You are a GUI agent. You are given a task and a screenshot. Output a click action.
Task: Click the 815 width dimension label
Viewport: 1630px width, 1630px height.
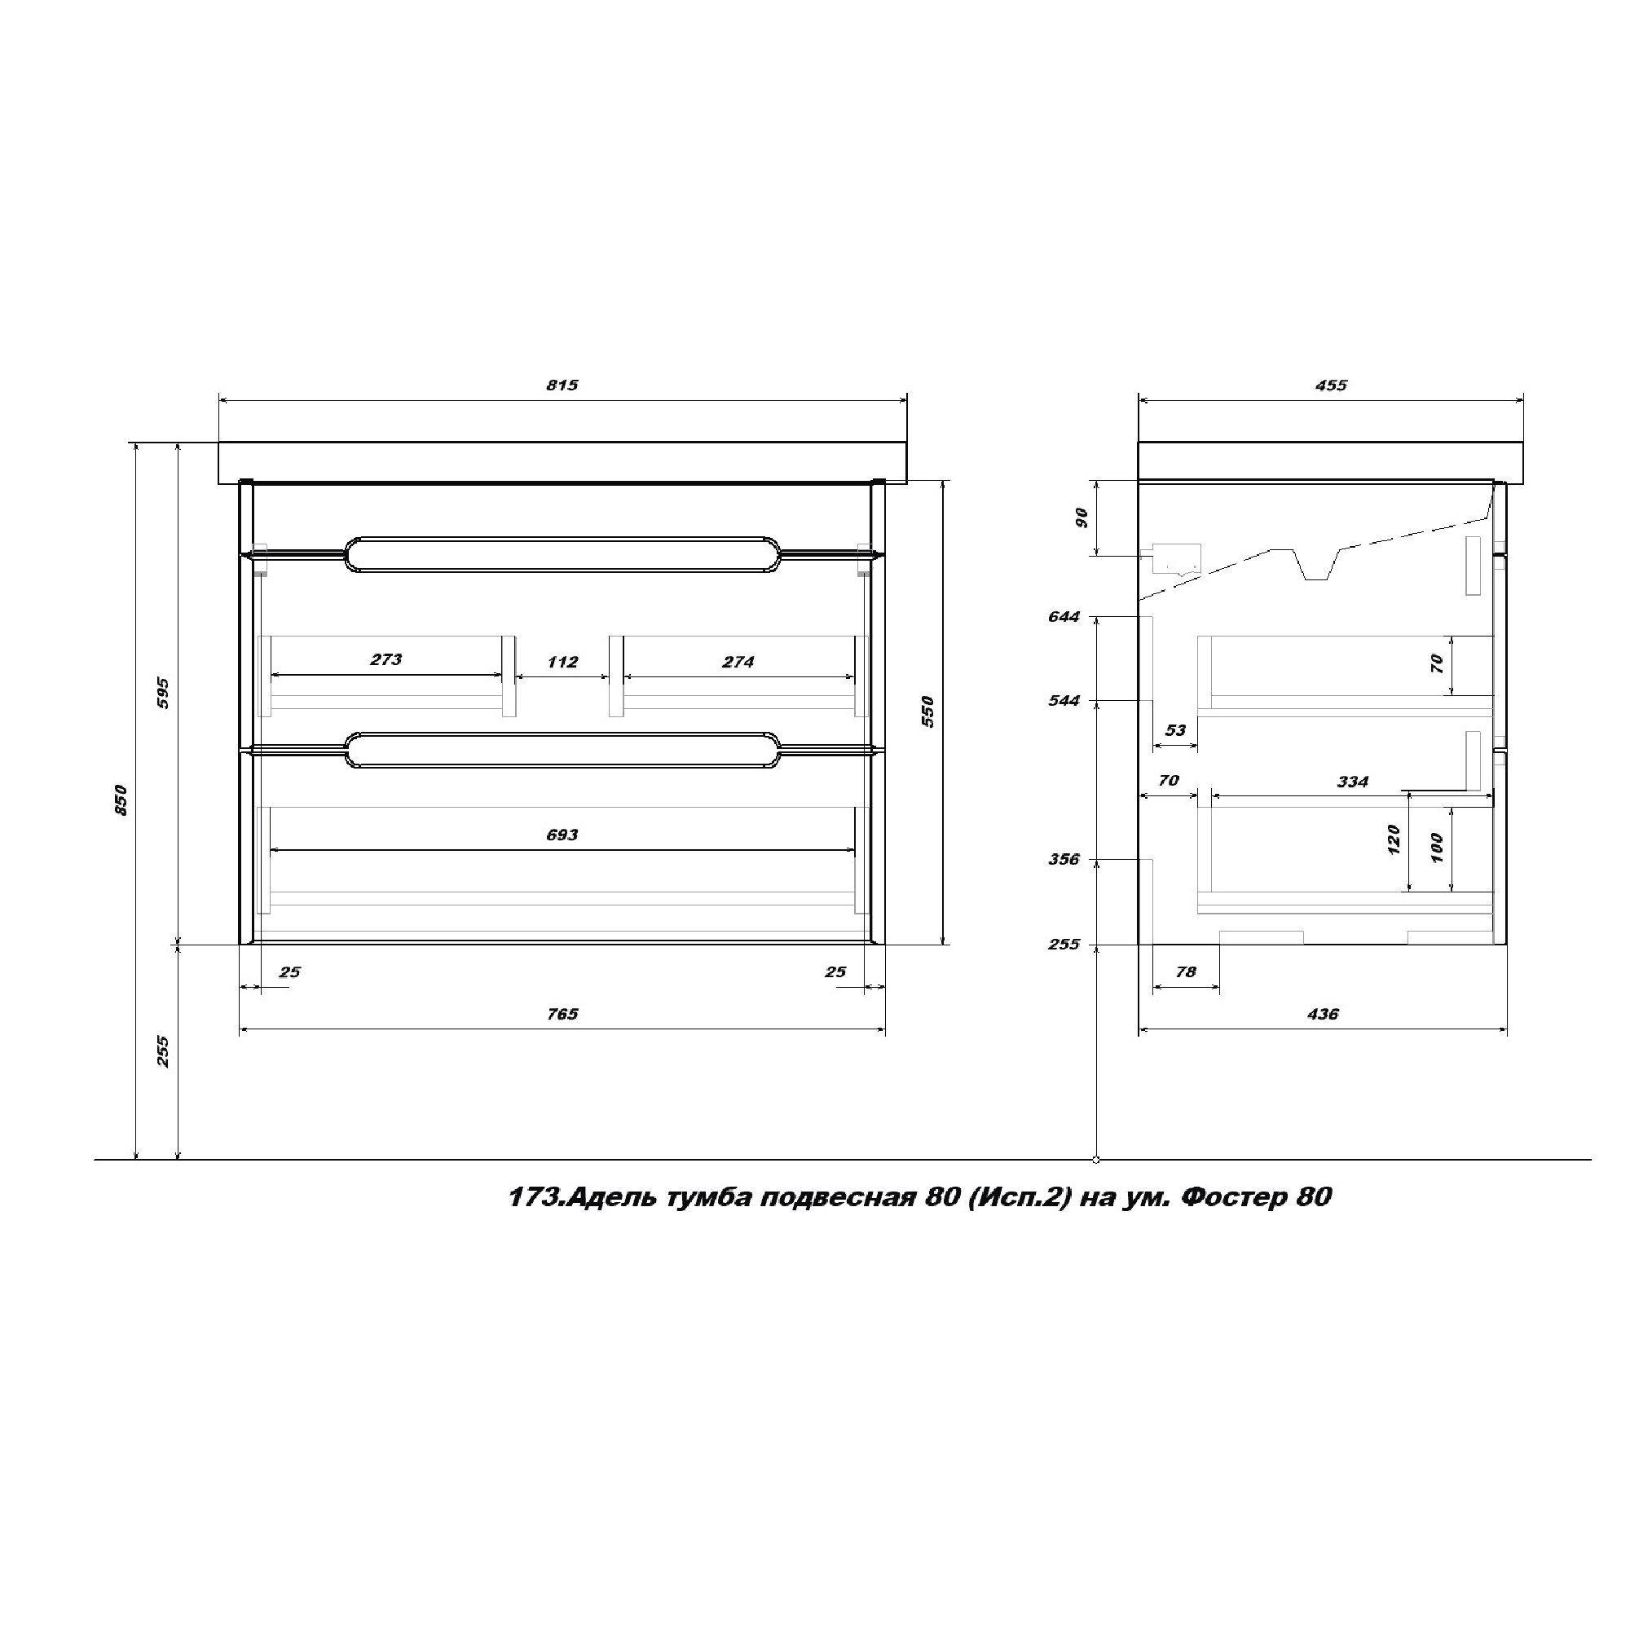(562, 385)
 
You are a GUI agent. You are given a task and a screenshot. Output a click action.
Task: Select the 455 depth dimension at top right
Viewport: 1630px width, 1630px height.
(1332, 385)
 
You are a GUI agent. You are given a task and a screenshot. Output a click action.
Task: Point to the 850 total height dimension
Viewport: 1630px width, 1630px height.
(121, 800)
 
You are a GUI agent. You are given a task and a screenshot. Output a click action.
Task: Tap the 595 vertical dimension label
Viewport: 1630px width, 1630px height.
(163, 693)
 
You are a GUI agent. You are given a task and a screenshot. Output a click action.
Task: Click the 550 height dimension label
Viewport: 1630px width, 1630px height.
(927, 711)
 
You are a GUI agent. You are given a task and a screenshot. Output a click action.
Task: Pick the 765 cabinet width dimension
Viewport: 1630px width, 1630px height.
(562, 1014)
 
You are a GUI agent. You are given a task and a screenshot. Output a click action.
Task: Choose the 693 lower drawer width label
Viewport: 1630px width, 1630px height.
(562, 835)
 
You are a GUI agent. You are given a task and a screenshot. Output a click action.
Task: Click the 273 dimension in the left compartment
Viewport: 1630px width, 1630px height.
(386, 660)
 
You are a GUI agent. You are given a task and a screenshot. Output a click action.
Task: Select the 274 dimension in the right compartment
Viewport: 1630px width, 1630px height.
(738, 663)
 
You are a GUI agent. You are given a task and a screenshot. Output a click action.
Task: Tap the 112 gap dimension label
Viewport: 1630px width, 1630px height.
(562, 663)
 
